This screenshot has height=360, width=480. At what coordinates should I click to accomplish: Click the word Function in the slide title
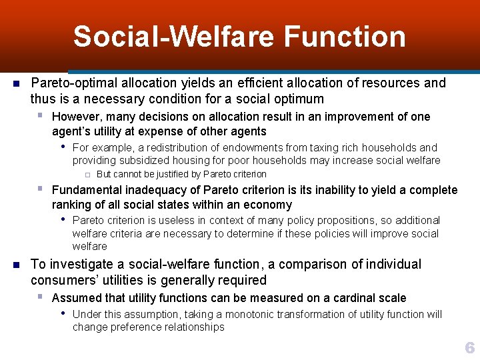(344, 37)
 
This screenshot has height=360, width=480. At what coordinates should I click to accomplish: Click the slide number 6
(470, 348)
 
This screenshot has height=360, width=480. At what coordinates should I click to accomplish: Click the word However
(76, 117)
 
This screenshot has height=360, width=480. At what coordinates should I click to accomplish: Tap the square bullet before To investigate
(17, 265)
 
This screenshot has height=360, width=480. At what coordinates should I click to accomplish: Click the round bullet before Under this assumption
(62, 314)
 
